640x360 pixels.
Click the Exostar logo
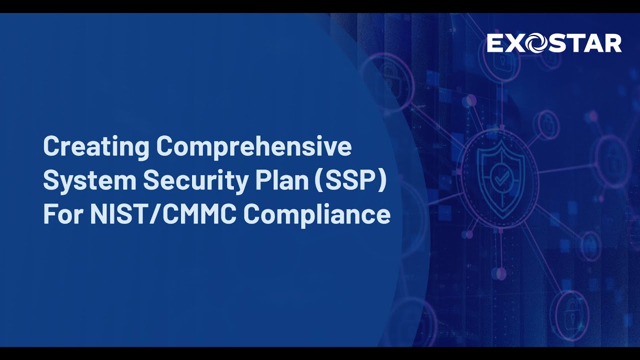coord(554,43)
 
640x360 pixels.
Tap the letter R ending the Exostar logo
coord(612,43)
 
